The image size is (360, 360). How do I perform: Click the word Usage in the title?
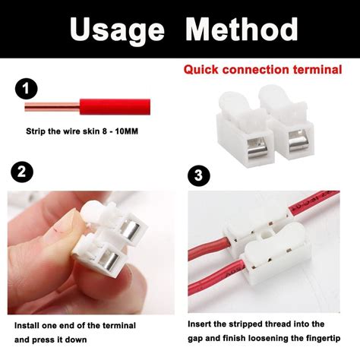[118, 30]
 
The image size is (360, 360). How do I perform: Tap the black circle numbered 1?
[27, 89]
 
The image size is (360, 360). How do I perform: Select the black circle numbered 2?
[22, 172]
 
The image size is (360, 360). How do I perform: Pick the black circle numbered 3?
[199, 175]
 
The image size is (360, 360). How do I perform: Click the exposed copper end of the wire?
[52, 107]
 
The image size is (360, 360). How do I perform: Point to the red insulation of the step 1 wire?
[115, 107]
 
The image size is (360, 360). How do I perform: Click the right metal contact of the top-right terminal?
[298, 143]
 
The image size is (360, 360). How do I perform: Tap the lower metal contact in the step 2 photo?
[109, 261]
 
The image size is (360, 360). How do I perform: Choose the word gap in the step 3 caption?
[195, 339]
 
